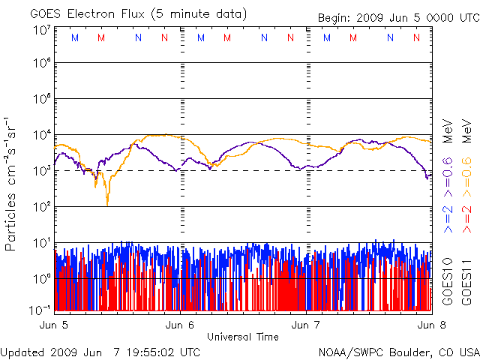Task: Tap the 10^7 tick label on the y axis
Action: click(x=40, y=31)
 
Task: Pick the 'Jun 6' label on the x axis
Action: click(x=180, y=325)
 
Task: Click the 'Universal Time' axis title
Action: click(x=242, y=337)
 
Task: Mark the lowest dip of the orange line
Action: click(x=107, y=203)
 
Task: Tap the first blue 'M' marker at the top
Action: click(x=74, y=37)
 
